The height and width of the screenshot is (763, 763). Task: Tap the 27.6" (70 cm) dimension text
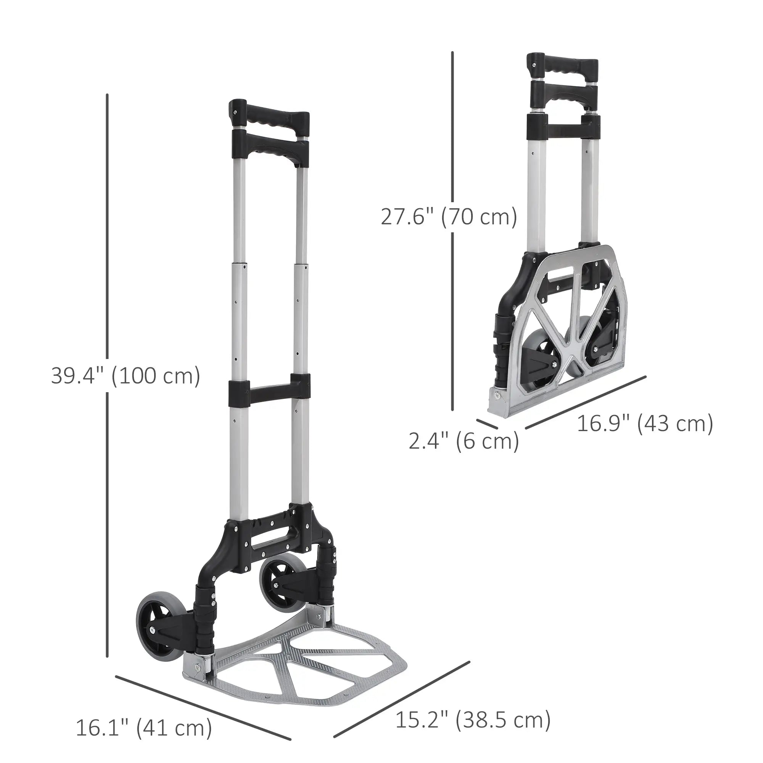449,217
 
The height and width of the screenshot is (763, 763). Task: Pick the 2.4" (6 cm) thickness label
464,441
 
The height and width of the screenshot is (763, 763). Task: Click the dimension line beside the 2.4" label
486,424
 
